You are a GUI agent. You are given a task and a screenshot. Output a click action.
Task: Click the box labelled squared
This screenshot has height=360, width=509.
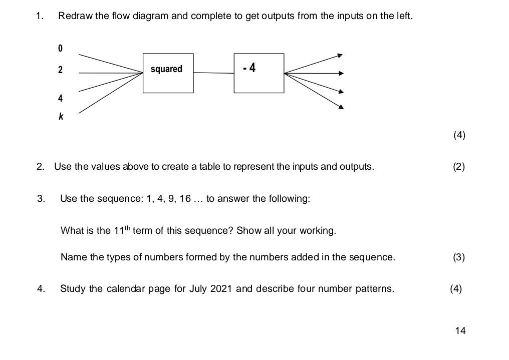click(168, 73)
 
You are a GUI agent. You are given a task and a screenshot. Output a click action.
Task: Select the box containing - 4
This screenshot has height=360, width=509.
click(259, 73)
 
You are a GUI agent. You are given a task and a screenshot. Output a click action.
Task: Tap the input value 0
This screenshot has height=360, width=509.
click(61, 49)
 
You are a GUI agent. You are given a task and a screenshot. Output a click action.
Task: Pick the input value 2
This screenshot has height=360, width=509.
click(61, 70)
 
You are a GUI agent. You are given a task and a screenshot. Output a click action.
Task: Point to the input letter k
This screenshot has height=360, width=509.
click(61, 117)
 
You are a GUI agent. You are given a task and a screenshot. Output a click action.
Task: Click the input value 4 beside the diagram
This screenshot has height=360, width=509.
click(61, 98)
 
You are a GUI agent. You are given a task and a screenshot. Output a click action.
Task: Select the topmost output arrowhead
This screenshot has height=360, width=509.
click(340, 55)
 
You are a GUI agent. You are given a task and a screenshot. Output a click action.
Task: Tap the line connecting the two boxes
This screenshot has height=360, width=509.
click(213, 73)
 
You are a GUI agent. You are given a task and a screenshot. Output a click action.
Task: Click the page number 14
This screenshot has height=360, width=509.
click(460, 330)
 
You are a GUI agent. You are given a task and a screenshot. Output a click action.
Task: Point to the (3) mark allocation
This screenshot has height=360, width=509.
click(458, 257)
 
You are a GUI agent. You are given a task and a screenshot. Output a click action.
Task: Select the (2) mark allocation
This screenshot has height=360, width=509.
click(458, 167)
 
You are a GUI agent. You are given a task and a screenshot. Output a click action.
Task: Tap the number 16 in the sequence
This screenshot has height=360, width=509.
click(185, 199)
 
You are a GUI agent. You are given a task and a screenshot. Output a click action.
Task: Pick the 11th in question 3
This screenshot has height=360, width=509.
click(122, 230)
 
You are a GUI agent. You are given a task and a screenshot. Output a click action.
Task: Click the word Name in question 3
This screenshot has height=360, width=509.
click(73, 257)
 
